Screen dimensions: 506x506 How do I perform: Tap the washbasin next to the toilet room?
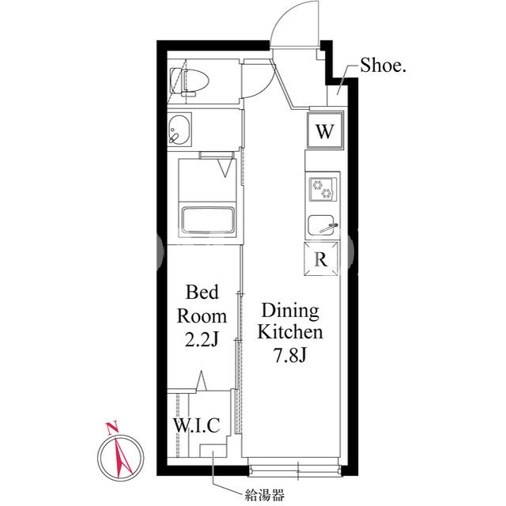[179, 129]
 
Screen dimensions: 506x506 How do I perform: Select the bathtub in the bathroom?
[208, 220]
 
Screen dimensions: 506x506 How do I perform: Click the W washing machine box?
[325, 130]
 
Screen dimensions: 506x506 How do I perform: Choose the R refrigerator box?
[321, 259]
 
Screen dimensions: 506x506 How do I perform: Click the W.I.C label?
[197, 425]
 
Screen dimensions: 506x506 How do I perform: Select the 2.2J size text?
[202, 339]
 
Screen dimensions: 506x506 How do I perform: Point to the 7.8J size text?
[290, 355]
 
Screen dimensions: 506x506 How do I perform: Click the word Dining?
[290, 312]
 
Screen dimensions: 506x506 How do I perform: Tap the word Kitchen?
[290, 332]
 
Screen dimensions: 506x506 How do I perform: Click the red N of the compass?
[112, 428]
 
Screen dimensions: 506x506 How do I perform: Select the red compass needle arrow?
[123, 458]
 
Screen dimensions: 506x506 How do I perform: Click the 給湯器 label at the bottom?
[265, 494]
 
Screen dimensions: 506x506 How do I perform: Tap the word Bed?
[202, 292]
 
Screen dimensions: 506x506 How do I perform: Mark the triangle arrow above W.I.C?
[202, 381]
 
